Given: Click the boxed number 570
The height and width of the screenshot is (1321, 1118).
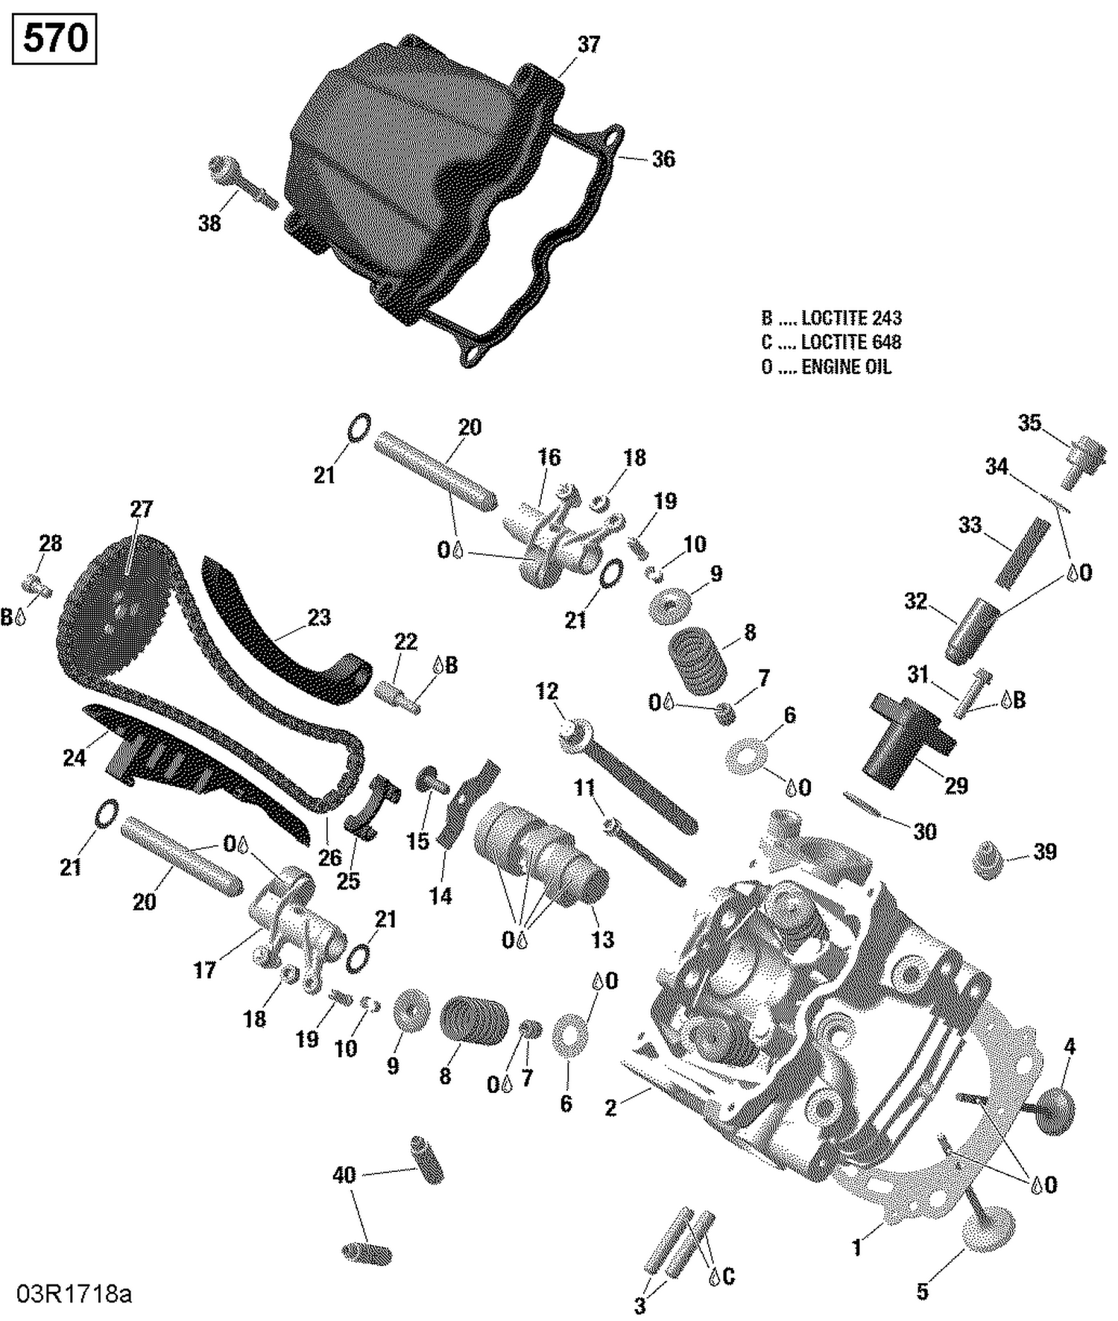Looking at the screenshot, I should click(x=54, y=37).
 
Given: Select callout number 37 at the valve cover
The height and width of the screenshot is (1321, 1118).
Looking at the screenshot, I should click(x=589, y=45).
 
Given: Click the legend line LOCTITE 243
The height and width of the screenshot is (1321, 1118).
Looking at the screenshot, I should click(x=831, y=318).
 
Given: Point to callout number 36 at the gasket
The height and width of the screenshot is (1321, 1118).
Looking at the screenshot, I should click(x=663, y=159).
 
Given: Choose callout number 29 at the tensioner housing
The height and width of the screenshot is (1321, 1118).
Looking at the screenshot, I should click(x=956, y=785).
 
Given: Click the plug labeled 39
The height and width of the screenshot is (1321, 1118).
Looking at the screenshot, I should click(x=990, y=861).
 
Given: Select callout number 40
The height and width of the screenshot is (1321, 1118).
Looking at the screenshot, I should click(x=344, y=1176).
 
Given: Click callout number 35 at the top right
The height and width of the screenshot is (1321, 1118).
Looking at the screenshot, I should click(x=1029, y=422).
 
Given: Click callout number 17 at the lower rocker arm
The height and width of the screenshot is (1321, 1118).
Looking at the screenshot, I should click(x=204, y=970).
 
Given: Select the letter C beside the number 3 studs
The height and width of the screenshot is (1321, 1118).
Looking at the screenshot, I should click(x=728, y=1276).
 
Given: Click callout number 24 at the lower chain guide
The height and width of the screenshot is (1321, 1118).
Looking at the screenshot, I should click(x=74, y=758).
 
